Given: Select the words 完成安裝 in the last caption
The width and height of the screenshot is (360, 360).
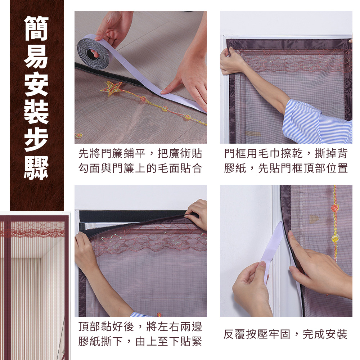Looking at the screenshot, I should click(325, 334).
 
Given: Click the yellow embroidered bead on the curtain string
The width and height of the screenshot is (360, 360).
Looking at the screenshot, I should click(335, 238).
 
